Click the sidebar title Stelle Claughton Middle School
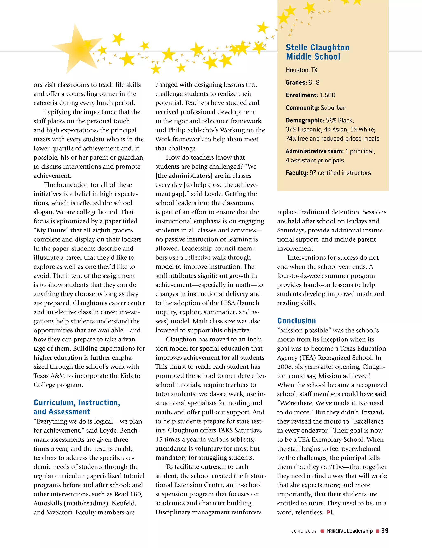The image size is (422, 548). point(317,52)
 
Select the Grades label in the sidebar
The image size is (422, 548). point(296,83)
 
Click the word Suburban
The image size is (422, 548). point(333,108)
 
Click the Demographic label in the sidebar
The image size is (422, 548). point(305,120)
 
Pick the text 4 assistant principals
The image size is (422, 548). point(315,160)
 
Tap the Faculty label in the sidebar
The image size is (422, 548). point(297,173)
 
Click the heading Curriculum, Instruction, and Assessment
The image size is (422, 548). point(77,407)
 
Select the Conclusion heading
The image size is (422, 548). point(296,321)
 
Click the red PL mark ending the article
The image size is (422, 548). point(331,512)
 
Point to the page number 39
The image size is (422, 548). point(385,530)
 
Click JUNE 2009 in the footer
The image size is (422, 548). point(304,531)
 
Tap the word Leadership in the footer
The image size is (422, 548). point(360,531)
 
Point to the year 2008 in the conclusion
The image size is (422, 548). point(285,367)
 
